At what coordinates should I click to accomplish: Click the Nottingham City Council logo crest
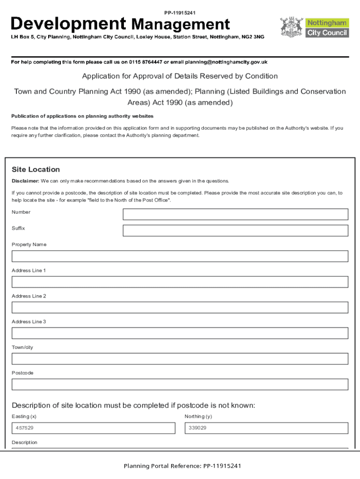click(x=292, y=28)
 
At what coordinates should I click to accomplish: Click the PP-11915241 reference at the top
click(x=180, y=12)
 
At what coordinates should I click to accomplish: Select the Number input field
click(x=235, y=214)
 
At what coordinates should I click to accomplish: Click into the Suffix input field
click(x=235, y=231)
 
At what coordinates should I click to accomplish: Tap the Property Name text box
click(x=180, y=256)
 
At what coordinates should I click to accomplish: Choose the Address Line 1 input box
click(x=180, y=282)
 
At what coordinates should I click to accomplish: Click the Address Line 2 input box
click(x=180, y=307)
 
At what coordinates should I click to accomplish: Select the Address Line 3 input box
click(x=180, y=333)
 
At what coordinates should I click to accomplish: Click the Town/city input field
click(x=180, y=359)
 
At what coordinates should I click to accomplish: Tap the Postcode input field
click(x=180, y=385)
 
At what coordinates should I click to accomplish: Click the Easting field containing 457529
click(x=94, y=428)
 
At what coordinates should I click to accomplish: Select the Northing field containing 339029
click(x=266, y=428)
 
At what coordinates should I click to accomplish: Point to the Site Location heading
click(x=36, y=169)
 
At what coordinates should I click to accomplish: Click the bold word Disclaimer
click(x=25, y=181)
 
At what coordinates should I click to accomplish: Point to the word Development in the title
click(x=68, y=24)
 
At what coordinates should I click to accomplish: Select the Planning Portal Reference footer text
click(x=182, y=466)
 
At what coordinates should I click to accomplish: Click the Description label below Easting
click(x=24, y=443)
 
